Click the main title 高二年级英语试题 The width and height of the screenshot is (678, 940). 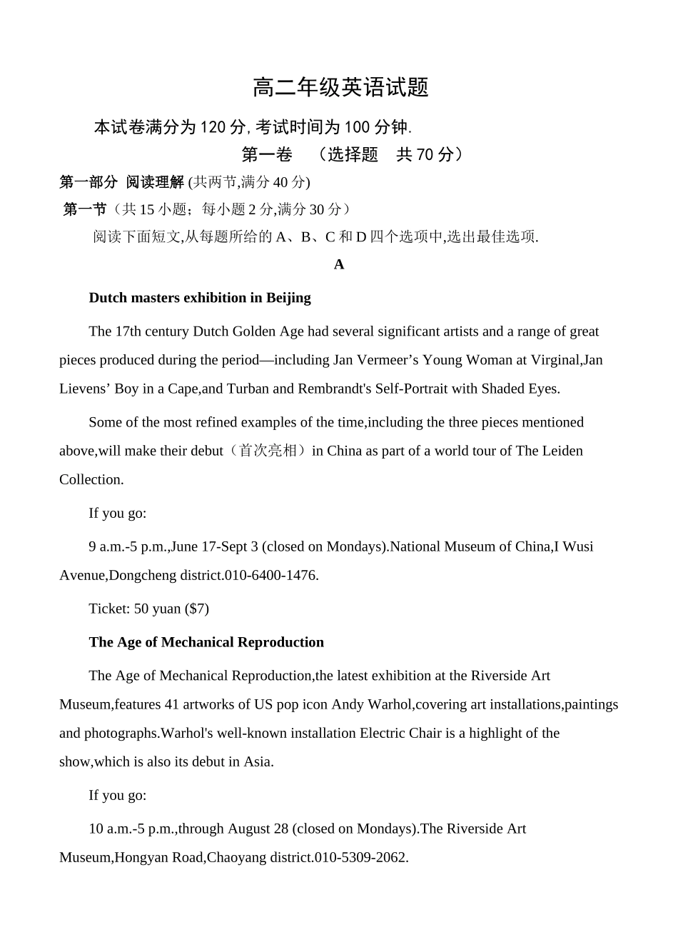(340, 88)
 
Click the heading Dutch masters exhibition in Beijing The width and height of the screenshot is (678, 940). (200, 298)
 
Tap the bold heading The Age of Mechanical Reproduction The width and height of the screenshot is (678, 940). (206, 642)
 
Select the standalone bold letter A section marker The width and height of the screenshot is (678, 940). (339, 264)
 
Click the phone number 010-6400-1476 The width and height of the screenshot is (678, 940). (270, 575)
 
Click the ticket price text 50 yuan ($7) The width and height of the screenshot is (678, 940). (171, 609)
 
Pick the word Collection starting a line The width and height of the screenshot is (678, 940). (91, 479)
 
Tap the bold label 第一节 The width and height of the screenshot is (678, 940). (85, 209)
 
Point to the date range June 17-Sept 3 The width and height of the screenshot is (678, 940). (215, 546)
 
